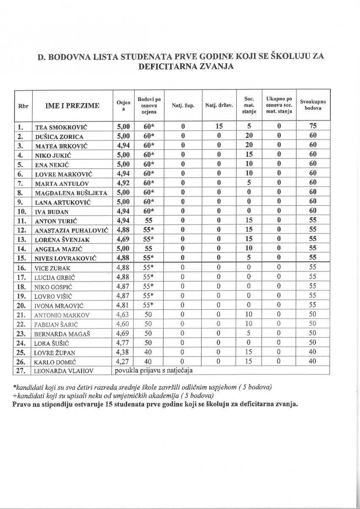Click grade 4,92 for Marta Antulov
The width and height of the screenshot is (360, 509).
(x=123, y=183)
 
